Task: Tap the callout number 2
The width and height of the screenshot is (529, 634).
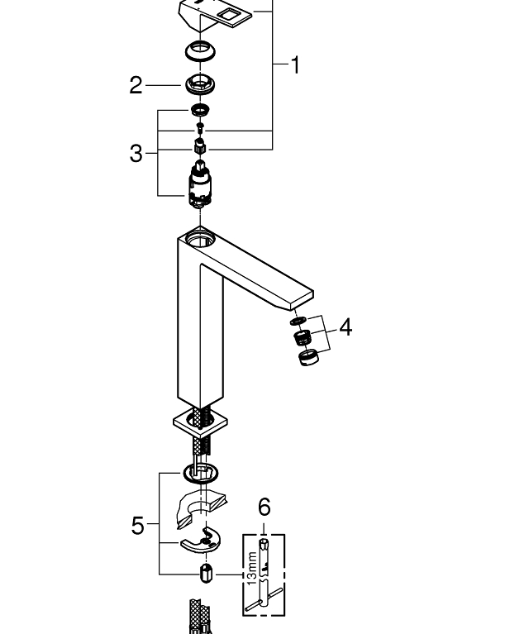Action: [137, 85]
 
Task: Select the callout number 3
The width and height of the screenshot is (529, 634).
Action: [137, 154]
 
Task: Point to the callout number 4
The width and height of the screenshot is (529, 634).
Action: [345, 328]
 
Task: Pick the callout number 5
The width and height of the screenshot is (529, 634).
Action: [138, 526]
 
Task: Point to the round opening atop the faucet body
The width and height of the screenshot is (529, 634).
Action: [199, 240]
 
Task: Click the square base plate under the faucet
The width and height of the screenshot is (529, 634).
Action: [199, 424]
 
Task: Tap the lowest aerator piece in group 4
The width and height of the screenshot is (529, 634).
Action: [307, 358]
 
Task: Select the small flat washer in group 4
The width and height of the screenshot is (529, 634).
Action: [298, 321]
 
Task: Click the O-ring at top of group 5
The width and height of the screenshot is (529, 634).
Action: [201, 474]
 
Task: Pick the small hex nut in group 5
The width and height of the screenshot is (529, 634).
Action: [206, 573]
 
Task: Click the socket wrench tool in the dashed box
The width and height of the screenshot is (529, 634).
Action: [264, 574]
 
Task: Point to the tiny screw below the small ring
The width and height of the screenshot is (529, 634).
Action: [199, 127]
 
